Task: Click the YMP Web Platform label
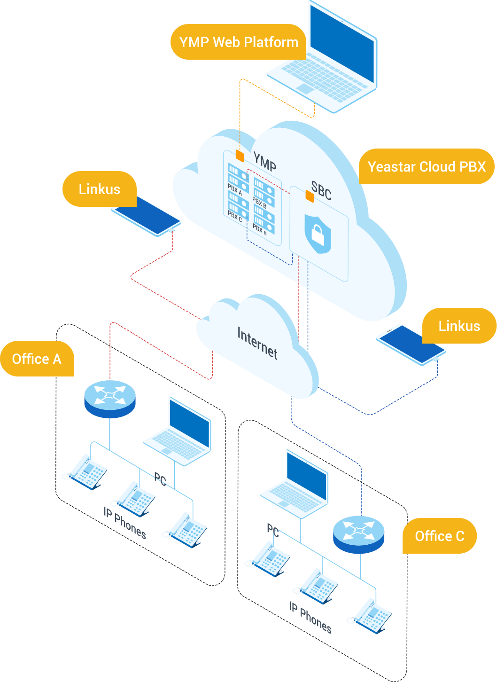(238, 42)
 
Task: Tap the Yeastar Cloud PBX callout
(427, 166)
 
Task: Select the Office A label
(37, 359)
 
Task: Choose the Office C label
(440, 536)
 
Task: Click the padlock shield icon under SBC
(318, 234)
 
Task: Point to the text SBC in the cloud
(321, 191)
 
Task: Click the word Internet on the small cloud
(257, 344)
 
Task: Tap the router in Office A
(110, 399)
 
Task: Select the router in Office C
(358, 534)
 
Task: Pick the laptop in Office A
(178, 431)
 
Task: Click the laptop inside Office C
(295, 484)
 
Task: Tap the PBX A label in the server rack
(235, 190)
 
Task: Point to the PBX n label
(260, 229)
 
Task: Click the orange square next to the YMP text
(240, 156)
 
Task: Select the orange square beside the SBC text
(310, 196)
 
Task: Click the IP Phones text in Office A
(125, 523)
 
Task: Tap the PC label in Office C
(273, 530)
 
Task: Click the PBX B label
(259, 203)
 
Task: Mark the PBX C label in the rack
(235, 216)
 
